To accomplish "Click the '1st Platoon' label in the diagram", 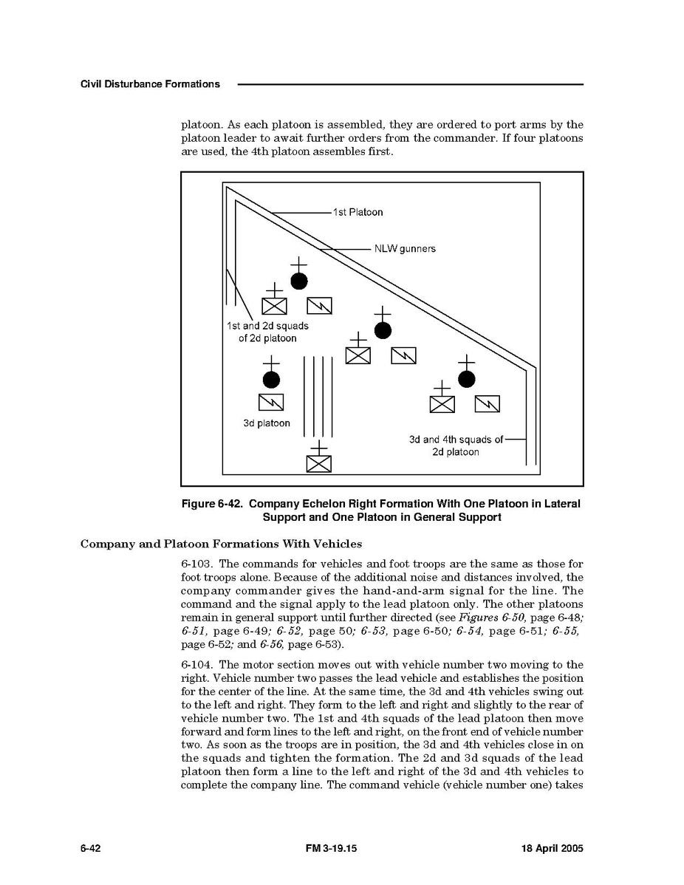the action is click(358, 212).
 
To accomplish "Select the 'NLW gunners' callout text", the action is click(405, 248).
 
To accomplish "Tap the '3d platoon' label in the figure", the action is click(267, 423).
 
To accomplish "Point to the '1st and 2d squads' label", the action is click(267, 327).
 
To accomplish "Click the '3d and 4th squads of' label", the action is click(456, 440).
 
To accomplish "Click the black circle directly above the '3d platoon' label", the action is click(271, 380).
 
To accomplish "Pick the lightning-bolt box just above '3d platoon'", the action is click(271, 403).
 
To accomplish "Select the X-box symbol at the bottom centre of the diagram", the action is click(319, 463).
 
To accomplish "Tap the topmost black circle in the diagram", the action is click(298, 281).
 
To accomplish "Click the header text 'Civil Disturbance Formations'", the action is click(150, 84).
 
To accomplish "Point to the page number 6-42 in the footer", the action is click(90, 848).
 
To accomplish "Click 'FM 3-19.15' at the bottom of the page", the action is click(331, 848).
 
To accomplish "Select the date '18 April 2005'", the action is click(552, 848).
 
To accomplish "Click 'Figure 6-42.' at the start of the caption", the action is click(212, 504).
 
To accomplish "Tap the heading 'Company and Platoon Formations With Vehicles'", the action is click(221, 544).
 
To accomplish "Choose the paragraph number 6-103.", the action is click(197, 564).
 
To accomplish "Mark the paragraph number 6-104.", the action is click(197, 665).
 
